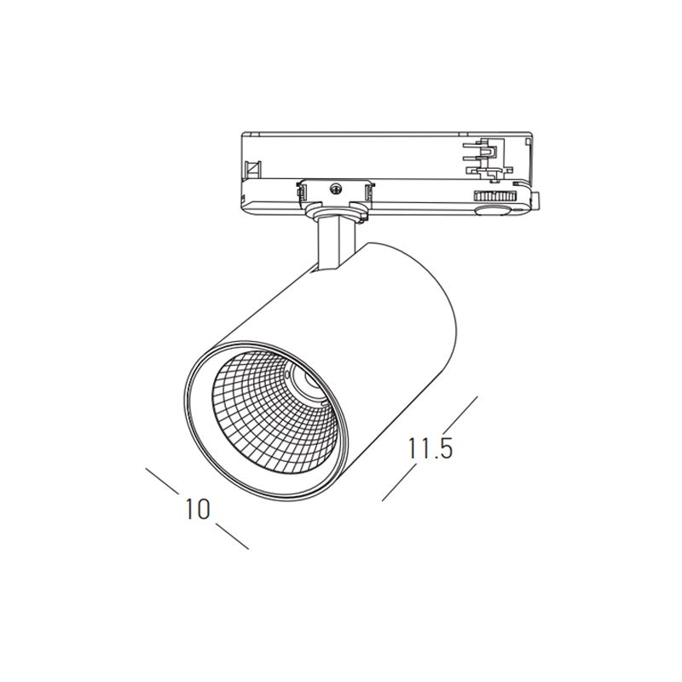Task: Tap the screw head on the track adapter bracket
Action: coord(335,188)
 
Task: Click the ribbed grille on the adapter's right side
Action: coord(494,196)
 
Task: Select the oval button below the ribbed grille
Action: coord(493,211)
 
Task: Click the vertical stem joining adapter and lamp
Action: coord(335,245)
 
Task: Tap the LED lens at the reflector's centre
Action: coord(309,379)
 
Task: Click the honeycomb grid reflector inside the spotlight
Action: coord(274,414)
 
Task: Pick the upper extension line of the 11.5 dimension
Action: coord(460,413)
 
